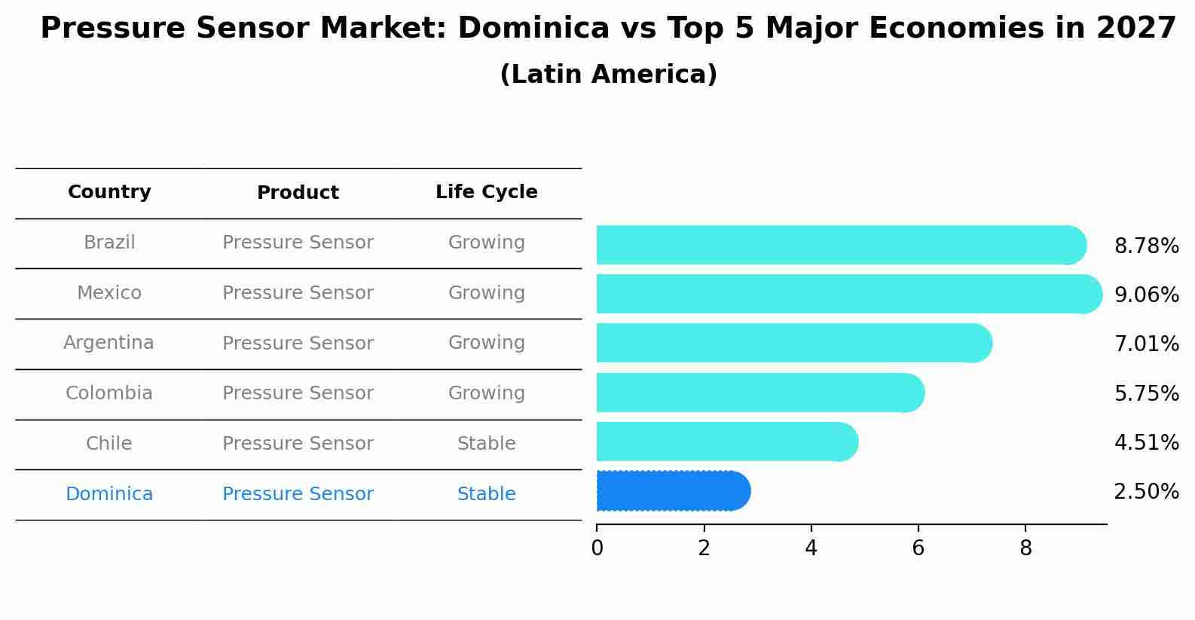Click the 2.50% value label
[x=1146, y=492]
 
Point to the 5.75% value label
[x=1146, y=393]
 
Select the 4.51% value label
[x=1146, y=442]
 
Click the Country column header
[x=109, y=192]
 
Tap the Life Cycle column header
[x=486, y=192]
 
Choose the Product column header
[x=298, y=193]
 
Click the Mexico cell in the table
[x=109, y=293]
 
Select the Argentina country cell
[x=108, y=343]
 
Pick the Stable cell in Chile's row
[x=486, y=444]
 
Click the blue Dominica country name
[x=109, y=494]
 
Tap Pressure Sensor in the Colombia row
[x=298, y=393]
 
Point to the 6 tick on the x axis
[x=918, y=548]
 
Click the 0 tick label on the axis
[x=597, y=548]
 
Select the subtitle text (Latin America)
[x=608, y=75]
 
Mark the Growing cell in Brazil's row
[x=486, y=243]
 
